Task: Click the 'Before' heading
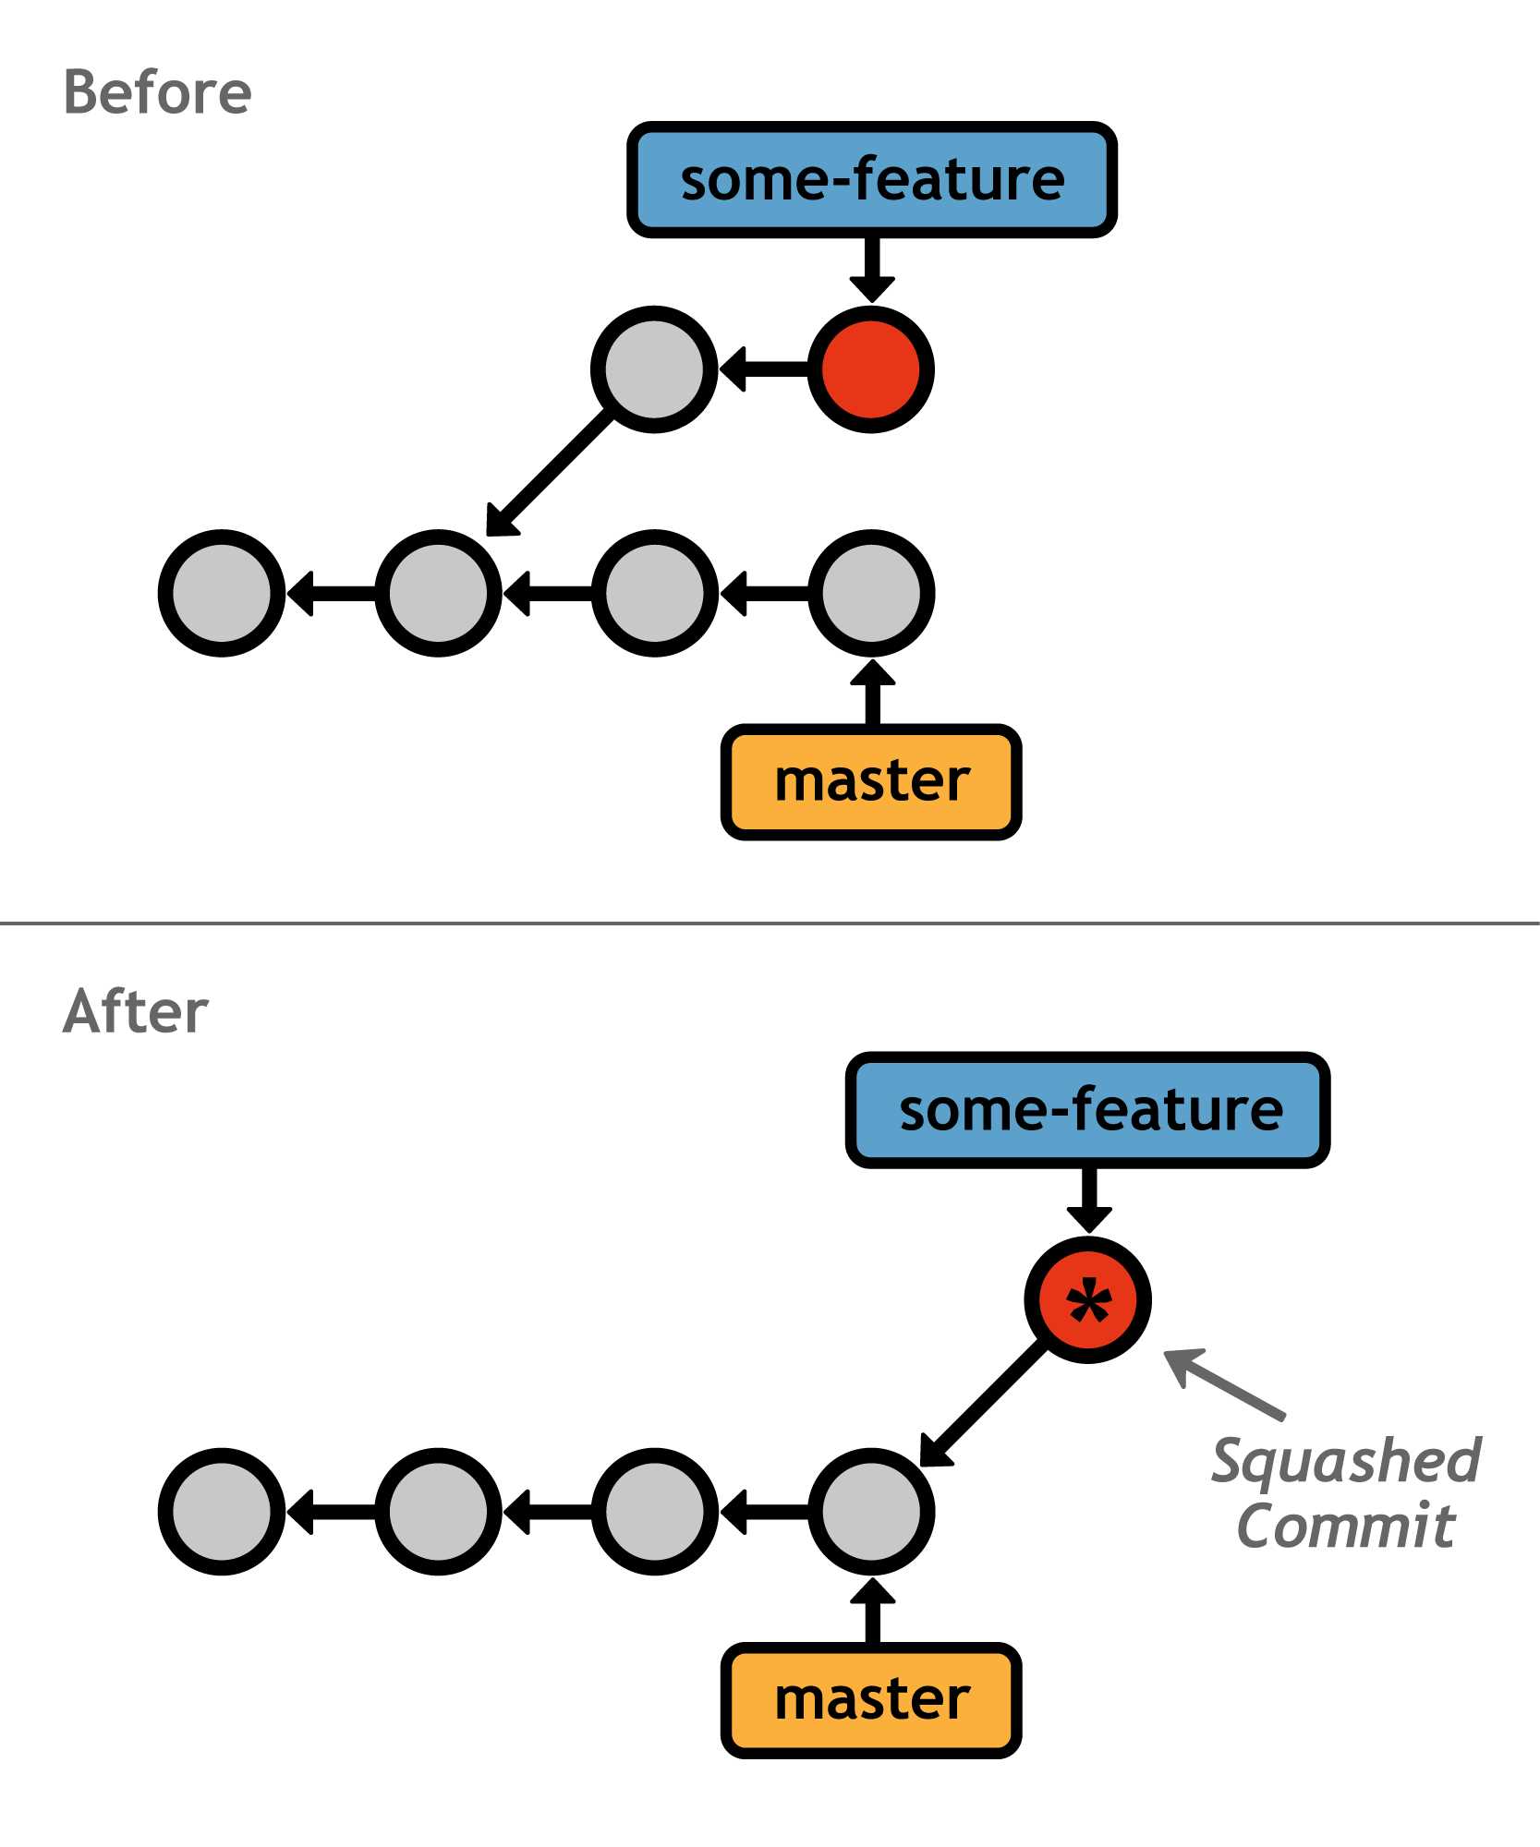157,93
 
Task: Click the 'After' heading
136,1011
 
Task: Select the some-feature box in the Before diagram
871,179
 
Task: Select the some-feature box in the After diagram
1088,1109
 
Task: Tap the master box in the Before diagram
871,781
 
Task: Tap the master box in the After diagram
871,1700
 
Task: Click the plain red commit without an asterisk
871,369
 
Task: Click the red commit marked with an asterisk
1088,1299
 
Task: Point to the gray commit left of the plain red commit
654,369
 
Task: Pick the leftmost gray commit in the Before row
222,593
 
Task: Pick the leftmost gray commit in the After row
222,1511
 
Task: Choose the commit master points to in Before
871,593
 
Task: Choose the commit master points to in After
871,1511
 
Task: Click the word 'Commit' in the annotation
1346,1526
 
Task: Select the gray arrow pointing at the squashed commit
1224,1382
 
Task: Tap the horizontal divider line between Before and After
770,923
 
